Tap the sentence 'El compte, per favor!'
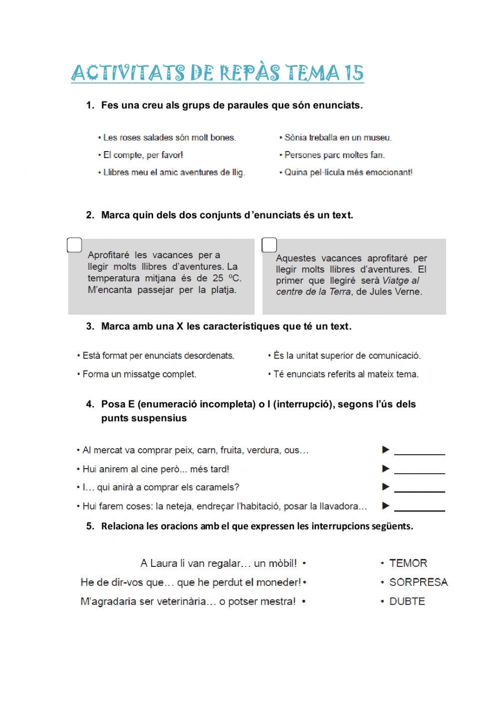coord(143,155)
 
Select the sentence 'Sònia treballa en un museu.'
coord(338,138)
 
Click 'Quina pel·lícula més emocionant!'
coord(348,173)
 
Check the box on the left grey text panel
coord(74,245)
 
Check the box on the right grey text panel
coord(269,245)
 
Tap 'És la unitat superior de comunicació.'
coord(347,355)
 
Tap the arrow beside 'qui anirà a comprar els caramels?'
coord(386,487)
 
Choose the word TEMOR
coord(408,563)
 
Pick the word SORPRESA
coord(418,582)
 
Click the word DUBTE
coord(407,601)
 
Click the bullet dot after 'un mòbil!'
coord(304,563)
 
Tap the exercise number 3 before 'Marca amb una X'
coord(90,327)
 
